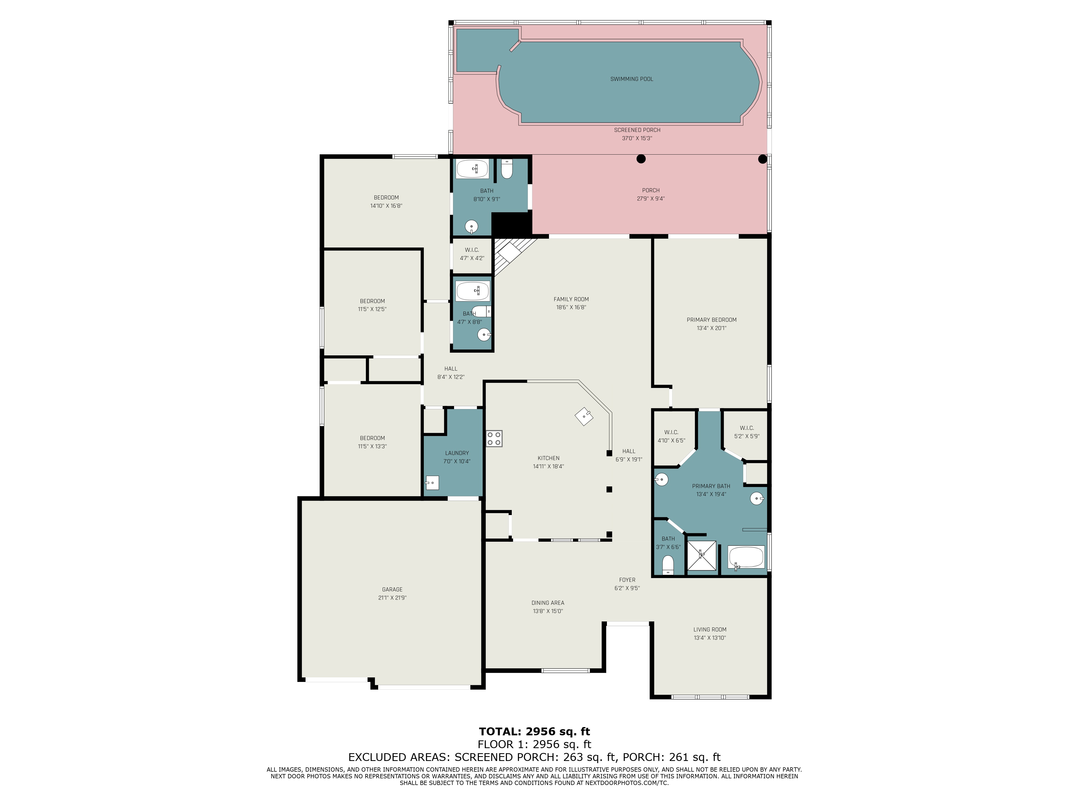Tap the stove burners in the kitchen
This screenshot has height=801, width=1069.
click(494, 438)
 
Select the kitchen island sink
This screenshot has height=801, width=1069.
click(584, 416)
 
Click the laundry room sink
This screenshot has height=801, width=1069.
click(432, 483)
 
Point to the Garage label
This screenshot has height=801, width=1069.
click(392, 590)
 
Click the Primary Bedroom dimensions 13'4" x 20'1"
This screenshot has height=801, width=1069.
click(711, 328)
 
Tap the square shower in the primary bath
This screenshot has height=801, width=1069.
click(701, 555)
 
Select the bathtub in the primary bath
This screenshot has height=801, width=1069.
click(746, 558)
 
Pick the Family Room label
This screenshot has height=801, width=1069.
click(571, 299)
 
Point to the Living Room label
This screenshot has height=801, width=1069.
click(710, 630)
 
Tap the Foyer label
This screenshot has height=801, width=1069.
click(627, 580)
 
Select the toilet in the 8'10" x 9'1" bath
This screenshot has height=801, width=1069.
click(506, 169)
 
